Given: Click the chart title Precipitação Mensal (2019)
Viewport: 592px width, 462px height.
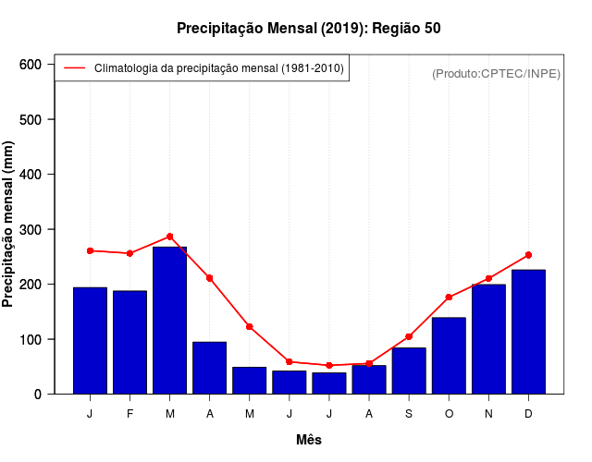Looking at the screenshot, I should (308, 29).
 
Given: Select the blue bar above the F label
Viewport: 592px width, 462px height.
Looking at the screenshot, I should (129, 342).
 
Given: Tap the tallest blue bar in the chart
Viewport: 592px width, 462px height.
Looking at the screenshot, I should (169, 320).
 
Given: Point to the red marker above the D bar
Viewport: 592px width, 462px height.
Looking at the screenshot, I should (528, 255).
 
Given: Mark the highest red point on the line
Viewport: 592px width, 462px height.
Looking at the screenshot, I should (169, 237).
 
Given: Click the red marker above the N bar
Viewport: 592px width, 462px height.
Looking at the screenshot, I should (488, 278).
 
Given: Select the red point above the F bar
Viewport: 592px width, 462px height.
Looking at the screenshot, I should (129, 253).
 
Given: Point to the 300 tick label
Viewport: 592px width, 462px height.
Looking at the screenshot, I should (31, 229).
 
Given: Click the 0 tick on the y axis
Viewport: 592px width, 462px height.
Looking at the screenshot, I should (37, 395).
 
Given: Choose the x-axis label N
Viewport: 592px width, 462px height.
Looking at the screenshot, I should (488, 414).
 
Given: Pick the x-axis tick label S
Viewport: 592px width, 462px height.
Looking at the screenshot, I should (408, 414).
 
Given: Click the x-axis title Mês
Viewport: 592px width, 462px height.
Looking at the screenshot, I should (309, 440).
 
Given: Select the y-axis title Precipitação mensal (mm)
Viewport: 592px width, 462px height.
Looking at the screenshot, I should (9, 225).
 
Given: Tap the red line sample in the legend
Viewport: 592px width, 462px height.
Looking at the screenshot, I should (74, 67).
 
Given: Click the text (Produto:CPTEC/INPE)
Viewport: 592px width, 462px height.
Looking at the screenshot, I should (496, 73).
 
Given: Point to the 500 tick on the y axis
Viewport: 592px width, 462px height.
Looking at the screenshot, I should (31, 120).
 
